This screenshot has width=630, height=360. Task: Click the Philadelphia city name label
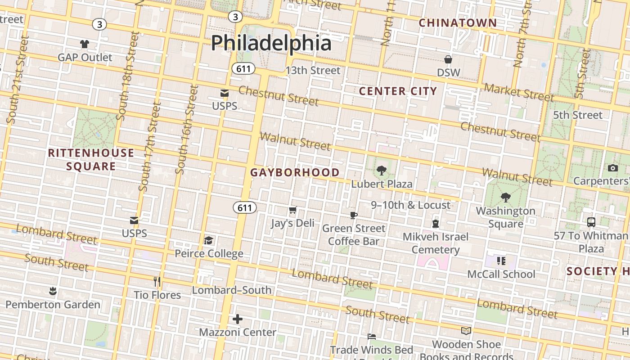[271, 43]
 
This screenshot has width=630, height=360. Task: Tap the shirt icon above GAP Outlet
[85, 44]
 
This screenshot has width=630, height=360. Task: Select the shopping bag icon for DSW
[448, 59]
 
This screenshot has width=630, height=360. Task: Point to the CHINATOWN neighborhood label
[458, 23]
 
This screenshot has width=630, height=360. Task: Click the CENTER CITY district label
[398, 91]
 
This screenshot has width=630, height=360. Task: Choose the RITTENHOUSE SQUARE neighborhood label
[91, 160]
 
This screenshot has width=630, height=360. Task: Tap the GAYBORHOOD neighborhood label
[295, 172]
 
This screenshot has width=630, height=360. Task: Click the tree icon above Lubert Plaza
[382, 171]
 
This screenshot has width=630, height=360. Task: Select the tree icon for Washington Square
[505, 198]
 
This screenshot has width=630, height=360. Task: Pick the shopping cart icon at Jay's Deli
[292, 210]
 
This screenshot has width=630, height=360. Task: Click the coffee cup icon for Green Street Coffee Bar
[354, 215]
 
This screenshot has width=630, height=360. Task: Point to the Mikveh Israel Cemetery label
[435, 243]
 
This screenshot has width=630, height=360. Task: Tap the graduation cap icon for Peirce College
[208, 240]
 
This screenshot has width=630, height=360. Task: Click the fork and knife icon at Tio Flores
[157, 282]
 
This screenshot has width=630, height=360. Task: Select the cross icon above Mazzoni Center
[238, 319]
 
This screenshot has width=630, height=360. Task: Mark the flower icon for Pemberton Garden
[53, 291]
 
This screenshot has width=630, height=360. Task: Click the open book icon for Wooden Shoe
[466, 331]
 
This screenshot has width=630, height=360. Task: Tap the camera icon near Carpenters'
[612, 168]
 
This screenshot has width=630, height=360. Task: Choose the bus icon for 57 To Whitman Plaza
[591, 222]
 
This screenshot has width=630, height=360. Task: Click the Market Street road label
[519, 92]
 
